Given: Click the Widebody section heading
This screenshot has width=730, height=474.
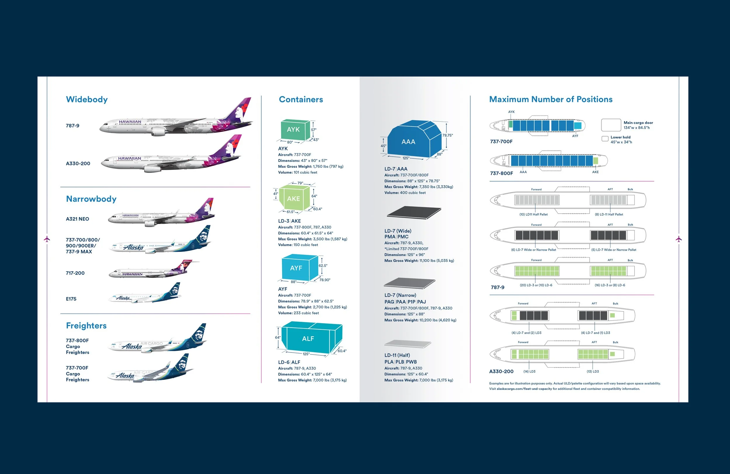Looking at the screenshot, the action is (87, 99).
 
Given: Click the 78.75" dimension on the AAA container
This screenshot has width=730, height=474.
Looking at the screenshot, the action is (448, 135).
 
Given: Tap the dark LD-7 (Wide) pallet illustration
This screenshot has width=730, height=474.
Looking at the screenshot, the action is (413, 212).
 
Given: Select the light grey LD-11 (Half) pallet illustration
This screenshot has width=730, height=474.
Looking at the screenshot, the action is (407, 344).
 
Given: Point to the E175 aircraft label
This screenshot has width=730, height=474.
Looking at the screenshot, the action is (71, 299).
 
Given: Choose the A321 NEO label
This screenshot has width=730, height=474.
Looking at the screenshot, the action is (78, 219).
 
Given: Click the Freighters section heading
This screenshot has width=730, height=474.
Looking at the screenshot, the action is (86, 326).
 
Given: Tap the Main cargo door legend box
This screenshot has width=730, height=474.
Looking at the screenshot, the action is (611, 125).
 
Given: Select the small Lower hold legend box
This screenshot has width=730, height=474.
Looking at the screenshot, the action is (605, 139).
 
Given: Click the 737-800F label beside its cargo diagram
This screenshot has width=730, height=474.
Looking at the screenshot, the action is (501, 173).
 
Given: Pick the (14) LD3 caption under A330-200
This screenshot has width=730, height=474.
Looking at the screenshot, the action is (529, 371).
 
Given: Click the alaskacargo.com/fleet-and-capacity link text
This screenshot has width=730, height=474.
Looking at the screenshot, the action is (524, 389).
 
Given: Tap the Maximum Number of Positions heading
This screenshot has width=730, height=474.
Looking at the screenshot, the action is (551, 99).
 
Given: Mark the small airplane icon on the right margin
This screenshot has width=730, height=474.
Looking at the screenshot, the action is (679, 239).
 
